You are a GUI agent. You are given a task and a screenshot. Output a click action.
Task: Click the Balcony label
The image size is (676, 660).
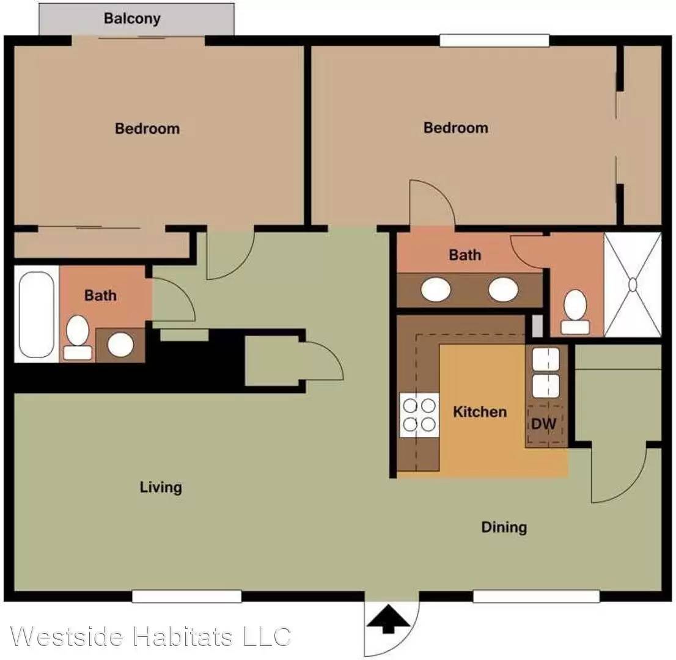(x=132, y=18)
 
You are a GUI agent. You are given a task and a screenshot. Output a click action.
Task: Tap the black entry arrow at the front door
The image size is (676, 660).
(x=388, y=618)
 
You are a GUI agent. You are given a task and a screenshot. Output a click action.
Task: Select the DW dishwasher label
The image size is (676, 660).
(x=543, y=424)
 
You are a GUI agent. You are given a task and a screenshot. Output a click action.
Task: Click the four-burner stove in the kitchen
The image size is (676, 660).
(x=419, y=415)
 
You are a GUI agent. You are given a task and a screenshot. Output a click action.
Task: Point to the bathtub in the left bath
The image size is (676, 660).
(x=36, y=314)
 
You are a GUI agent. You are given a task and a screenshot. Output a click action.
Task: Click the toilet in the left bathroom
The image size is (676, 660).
(x=78, y=337)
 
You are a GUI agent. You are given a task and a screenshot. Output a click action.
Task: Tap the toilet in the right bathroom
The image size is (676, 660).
(x=575, y=312)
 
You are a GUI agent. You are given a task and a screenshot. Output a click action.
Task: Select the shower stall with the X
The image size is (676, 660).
(x=633, y=285)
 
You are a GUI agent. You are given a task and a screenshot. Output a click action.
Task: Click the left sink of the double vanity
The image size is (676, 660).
(x=436, y=289)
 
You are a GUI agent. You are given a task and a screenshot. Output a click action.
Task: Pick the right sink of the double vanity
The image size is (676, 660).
(x=503, y=289)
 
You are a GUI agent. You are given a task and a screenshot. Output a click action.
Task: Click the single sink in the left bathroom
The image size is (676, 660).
(x=120, y=345)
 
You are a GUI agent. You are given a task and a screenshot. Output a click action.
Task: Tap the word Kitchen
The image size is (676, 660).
(x=480, y=412)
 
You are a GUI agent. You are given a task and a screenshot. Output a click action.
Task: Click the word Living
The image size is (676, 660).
(x=161, y=488)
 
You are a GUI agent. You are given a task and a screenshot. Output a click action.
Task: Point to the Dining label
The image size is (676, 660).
(x=504, y=527)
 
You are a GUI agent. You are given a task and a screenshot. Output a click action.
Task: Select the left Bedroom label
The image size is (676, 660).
(x=147, y=128)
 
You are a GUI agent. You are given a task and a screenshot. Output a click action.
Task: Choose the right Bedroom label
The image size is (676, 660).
(x=456, y=128)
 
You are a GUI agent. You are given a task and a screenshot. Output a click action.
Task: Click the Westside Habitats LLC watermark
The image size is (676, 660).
(x=150, y=636)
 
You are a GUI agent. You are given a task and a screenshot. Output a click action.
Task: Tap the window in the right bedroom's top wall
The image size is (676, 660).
(x=494, y=40)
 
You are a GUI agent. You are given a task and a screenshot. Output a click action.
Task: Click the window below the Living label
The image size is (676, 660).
(x=186, y=596)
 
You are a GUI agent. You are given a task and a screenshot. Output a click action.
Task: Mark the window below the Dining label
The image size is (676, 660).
(x=536, y=596)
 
